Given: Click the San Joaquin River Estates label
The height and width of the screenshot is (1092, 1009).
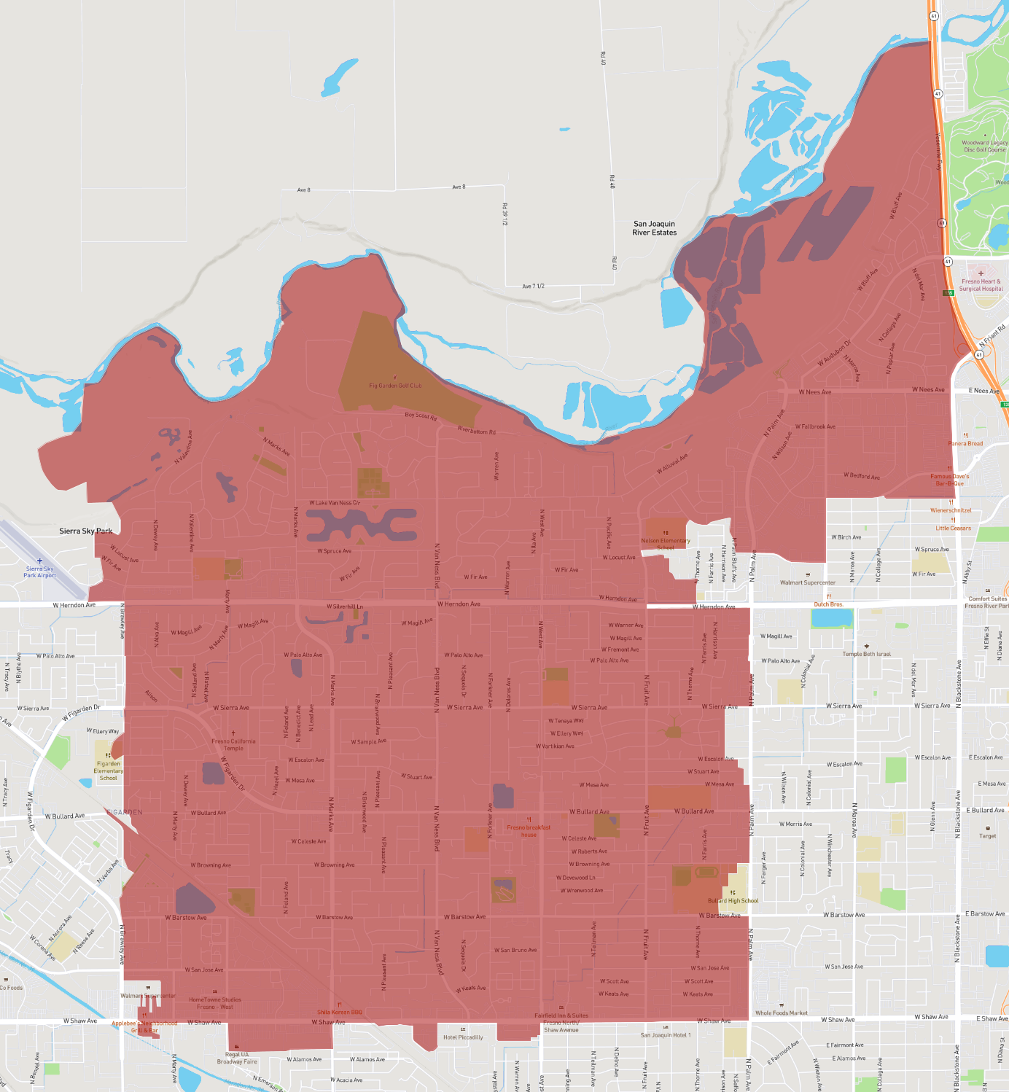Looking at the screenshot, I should (654, 228).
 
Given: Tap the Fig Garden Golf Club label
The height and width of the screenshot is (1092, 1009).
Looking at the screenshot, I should (395, 386).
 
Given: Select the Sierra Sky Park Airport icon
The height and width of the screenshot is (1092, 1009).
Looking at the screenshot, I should (39, 561).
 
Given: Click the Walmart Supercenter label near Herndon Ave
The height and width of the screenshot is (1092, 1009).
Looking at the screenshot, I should (808, 582).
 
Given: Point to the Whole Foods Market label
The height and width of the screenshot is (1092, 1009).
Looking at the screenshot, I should (781, 1013).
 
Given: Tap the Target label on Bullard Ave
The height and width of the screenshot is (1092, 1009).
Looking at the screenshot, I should (987, 836).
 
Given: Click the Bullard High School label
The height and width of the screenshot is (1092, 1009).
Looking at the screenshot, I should (733, 900).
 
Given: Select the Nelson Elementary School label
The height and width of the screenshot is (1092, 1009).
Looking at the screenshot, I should (665, 544).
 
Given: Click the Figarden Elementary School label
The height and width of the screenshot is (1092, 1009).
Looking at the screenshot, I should (108, 771).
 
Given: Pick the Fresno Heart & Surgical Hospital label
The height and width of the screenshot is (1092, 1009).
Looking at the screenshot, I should (981, 285).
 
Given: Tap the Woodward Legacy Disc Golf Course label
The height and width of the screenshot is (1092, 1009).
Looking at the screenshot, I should (984, 147).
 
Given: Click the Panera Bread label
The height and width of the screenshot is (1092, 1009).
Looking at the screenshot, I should (965, 443).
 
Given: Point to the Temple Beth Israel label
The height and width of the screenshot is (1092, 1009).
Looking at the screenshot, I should (866, 654).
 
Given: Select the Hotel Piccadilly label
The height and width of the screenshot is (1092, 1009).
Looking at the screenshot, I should (463, 1037).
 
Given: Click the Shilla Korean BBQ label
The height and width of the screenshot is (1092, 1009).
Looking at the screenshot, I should (339, 1012).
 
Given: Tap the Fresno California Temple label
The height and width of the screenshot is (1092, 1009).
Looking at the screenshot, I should (233, 744).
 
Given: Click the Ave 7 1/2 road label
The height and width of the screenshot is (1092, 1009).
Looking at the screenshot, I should (533, 286).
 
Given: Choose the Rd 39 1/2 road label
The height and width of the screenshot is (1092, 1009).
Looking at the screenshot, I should (504, 214).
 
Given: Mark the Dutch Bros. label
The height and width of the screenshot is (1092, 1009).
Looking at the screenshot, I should (828, 604).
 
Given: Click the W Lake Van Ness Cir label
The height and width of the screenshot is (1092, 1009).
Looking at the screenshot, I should (335, 503).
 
